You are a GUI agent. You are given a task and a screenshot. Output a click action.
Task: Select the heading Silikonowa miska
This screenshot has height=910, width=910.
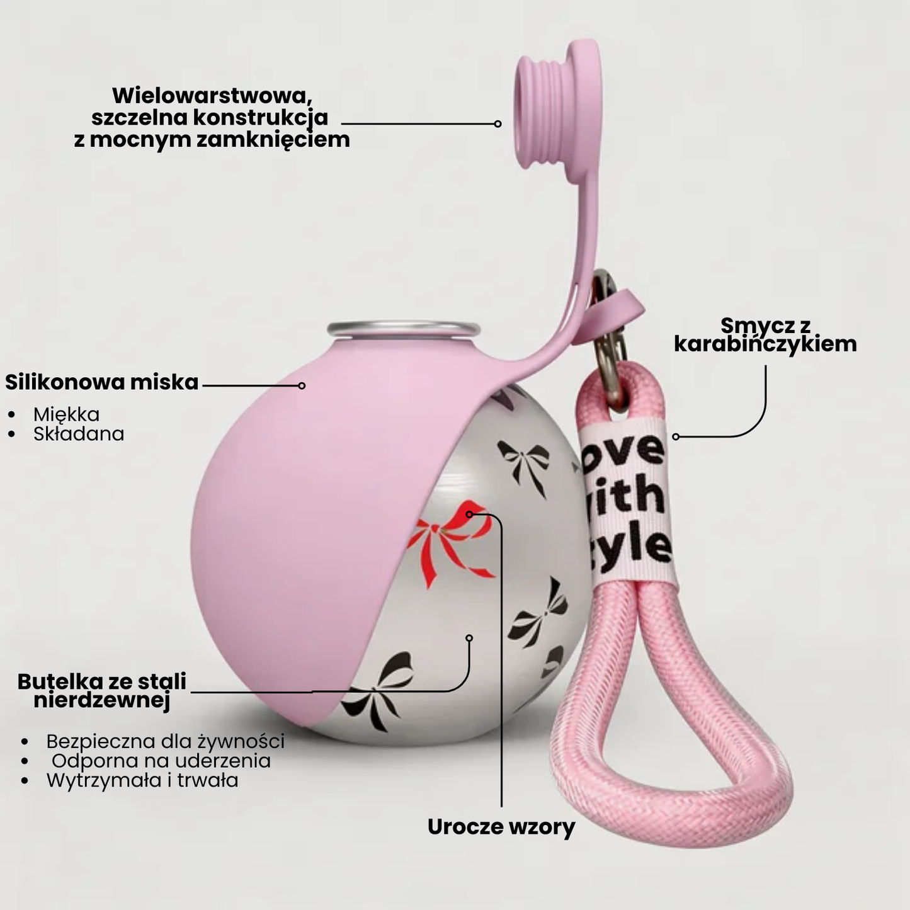(102, 382)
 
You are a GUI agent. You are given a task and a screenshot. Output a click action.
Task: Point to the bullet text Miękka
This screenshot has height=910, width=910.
(67, 414)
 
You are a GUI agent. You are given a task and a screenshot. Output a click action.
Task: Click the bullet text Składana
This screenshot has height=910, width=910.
(79, 434)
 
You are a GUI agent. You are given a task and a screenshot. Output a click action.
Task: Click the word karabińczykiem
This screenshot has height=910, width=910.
(766, 344)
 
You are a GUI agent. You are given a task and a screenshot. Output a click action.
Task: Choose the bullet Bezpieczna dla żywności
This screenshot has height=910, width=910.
(165, 741)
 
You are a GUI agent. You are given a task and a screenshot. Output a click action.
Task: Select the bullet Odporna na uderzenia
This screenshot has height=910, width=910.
(161, 761)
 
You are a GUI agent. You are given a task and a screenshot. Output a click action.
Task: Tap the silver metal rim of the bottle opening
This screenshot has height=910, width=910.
(403, 329)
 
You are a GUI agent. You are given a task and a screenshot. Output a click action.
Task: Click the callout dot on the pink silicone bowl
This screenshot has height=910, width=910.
(302, 386)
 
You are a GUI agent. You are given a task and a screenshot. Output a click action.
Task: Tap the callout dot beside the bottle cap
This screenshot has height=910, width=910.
(498, 123)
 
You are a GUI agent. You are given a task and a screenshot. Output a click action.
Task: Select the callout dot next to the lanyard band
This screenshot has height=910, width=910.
(676, 437)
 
